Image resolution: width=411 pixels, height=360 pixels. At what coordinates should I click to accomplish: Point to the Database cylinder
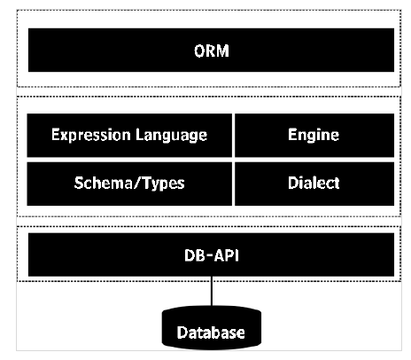[x=210, y=329]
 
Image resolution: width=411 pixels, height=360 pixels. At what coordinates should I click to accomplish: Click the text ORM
[x=210, y=50]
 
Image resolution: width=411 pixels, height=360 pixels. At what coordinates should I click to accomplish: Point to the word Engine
[x=314, y=136]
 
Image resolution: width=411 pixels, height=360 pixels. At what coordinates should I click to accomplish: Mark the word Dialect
[x=314, y=184]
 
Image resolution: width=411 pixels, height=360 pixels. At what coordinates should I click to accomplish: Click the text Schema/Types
[x=129, y=184]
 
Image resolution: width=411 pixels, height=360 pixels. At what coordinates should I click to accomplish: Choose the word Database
[x=210, y=333]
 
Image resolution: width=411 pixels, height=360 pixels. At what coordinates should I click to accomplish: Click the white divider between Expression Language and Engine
[x=234, y=136]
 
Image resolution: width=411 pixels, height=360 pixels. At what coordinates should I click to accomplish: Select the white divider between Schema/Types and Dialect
[x=234, y=184]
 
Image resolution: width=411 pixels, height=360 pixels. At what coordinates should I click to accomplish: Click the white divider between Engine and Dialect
[x=314, y=160]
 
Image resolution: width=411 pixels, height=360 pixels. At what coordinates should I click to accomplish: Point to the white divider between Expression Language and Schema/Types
[x=129, y=160]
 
